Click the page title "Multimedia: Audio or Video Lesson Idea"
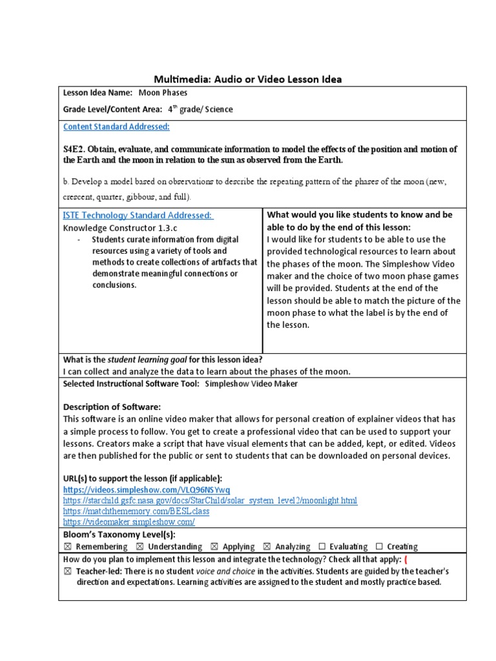(247, 79)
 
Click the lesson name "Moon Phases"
(162, 93)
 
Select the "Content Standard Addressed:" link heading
(116, 127)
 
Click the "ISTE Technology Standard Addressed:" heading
(138, 215)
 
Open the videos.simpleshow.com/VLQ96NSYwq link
(146, 490)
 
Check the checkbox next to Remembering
(67, 547)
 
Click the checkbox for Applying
(215, 547)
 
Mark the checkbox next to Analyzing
(267, 547)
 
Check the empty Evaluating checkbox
(322, 547)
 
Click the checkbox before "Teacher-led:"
(67, 572)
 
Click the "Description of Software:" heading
(112, 407)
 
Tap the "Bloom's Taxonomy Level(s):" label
(119, 534)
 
